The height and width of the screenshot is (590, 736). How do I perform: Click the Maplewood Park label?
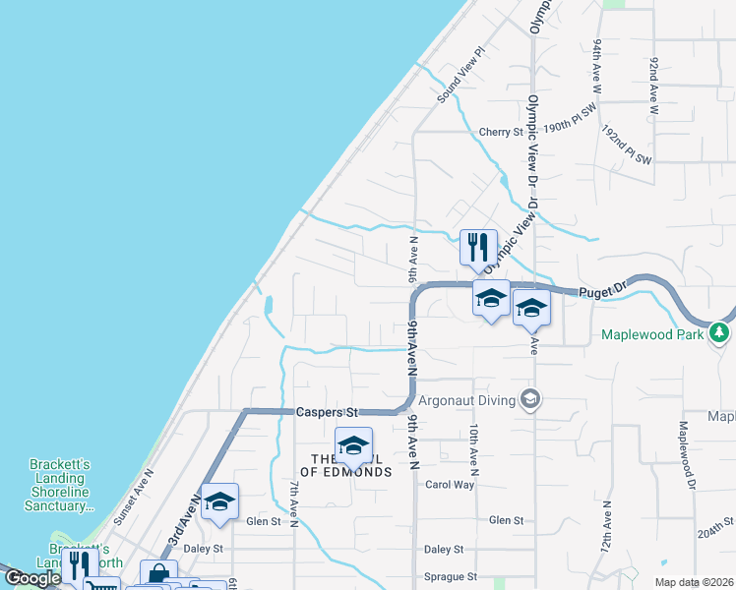click(652, 335)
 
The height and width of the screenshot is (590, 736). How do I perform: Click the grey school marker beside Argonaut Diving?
click(531, 398)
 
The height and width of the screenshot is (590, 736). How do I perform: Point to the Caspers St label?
click(321, 412)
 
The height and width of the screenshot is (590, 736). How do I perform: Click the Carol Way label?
click(450, 485)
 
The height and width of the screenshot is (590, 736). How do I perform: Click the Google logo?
click(32, 578)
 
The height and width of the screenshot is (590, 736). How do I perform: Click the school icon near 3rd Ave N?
click(220, 502)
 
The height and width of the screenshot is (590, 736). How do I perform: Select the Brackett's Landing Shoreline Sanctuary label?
click(58, 485)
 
